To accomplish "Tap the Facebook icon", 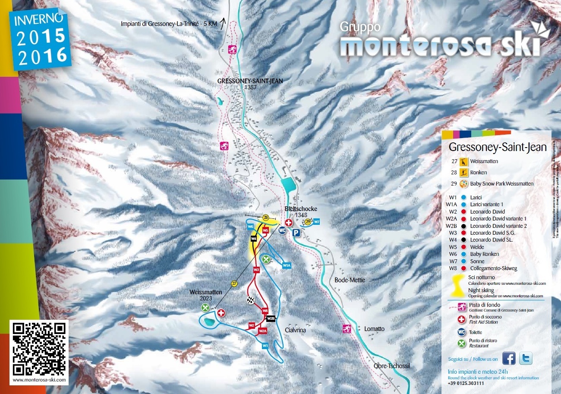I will click(x=509, y=358).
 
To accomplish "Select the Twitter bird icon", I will click(x=525, y=358).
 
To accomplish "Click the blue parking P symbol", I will click(x=296, y=233).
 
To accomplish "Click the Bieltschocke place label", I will click(x=301, y=209).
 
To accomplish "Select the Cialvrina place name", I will click(x=295, y=330).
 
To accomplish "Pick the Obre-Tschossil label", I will click(x=391, y=366).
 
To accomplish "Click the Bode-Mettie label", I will click(x=350, y=280).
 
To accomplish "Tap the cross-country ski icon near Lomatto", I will click(x=346, y=329).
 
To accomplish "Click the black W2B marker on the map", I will click(x=271, y=318).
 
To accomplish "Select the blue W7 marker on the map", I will click(x=316, y=221).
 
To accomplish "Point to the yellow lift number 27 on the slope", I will click(x=234, y=284).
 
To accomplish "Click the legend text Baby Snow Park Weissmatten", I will click(x=501, y=183).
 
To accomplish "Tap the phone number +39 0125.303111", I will click(x=466, y=383).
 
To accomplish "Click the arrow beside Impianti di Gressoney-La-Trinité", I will click(x=223, y=23).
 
